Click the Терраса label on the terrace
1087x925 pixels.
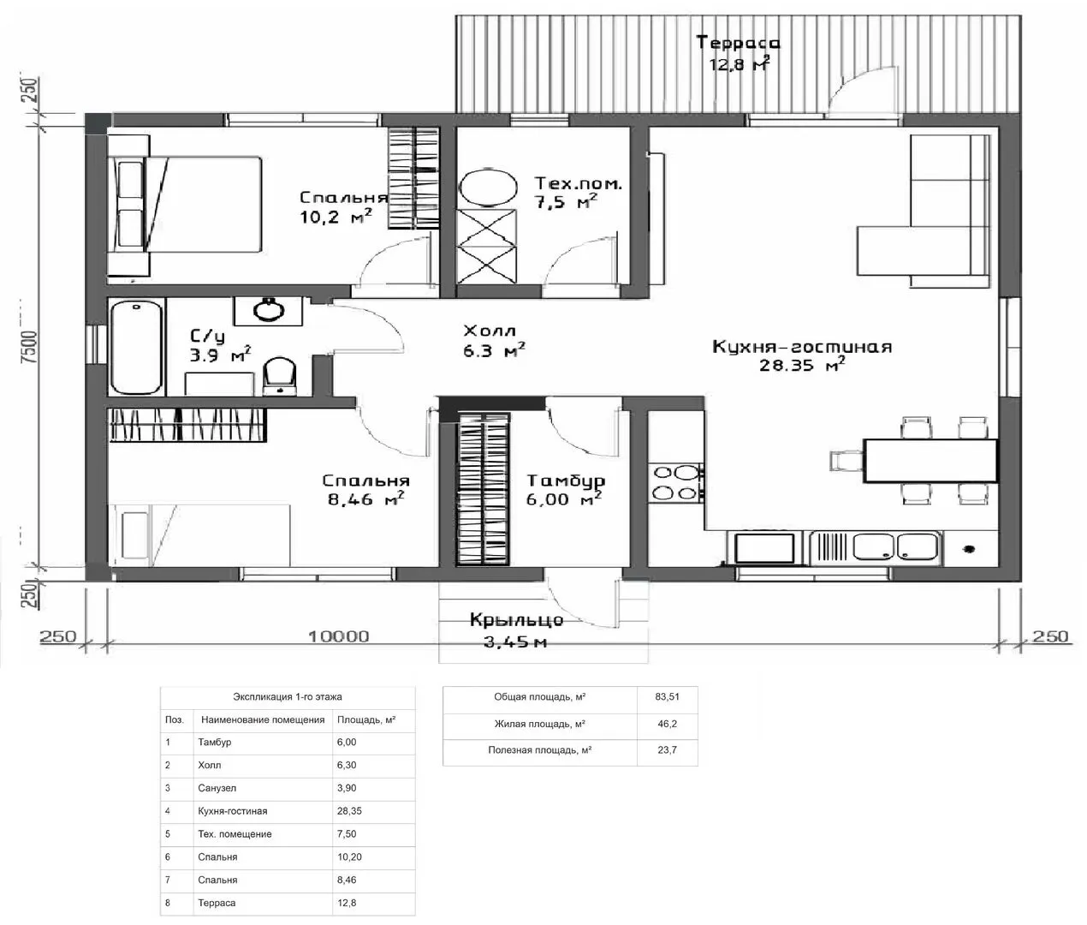(x=738, y=43)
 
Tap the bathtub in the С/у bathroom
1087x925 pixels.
(x=137, y=347)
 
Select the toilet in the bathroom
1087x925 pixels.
(x=279, y=375)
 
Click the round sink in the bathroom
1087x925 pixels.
(x=270, y=310)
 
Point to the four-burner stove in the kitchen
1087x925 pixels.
(x=676, y=483)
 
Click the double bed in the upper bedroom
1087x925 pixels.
(x=184, y=205)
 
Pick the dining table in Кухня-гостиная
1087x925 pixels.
(x=930, y=461)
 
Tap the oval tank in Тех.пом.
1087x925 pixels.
(x=488, y=188)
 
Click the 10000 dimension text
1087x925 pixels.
(x=338, y=636)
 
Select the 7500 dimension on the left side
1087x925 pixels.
(x=29, y=347)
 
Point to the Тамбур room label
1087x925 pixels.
(x=566, y=481)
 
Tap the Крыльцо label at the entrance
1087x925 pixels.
(x=516, y=620)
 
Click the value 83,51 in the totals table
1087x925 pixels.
(x=667, y=696)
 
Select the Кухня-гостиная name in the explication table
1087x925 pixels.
(x=233, y=811)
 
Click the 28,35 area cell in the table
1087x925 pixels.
(x=349, y=811)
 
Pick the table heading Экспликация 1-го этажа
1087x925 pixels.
(x=287, y=696)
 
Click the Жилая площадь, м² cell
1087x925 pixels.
(x=539, y=724)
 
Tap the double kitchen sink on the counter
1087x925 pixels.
(x=895, y=546)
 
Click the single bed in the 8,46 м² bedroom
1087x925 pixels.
(x=199, y=535)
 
